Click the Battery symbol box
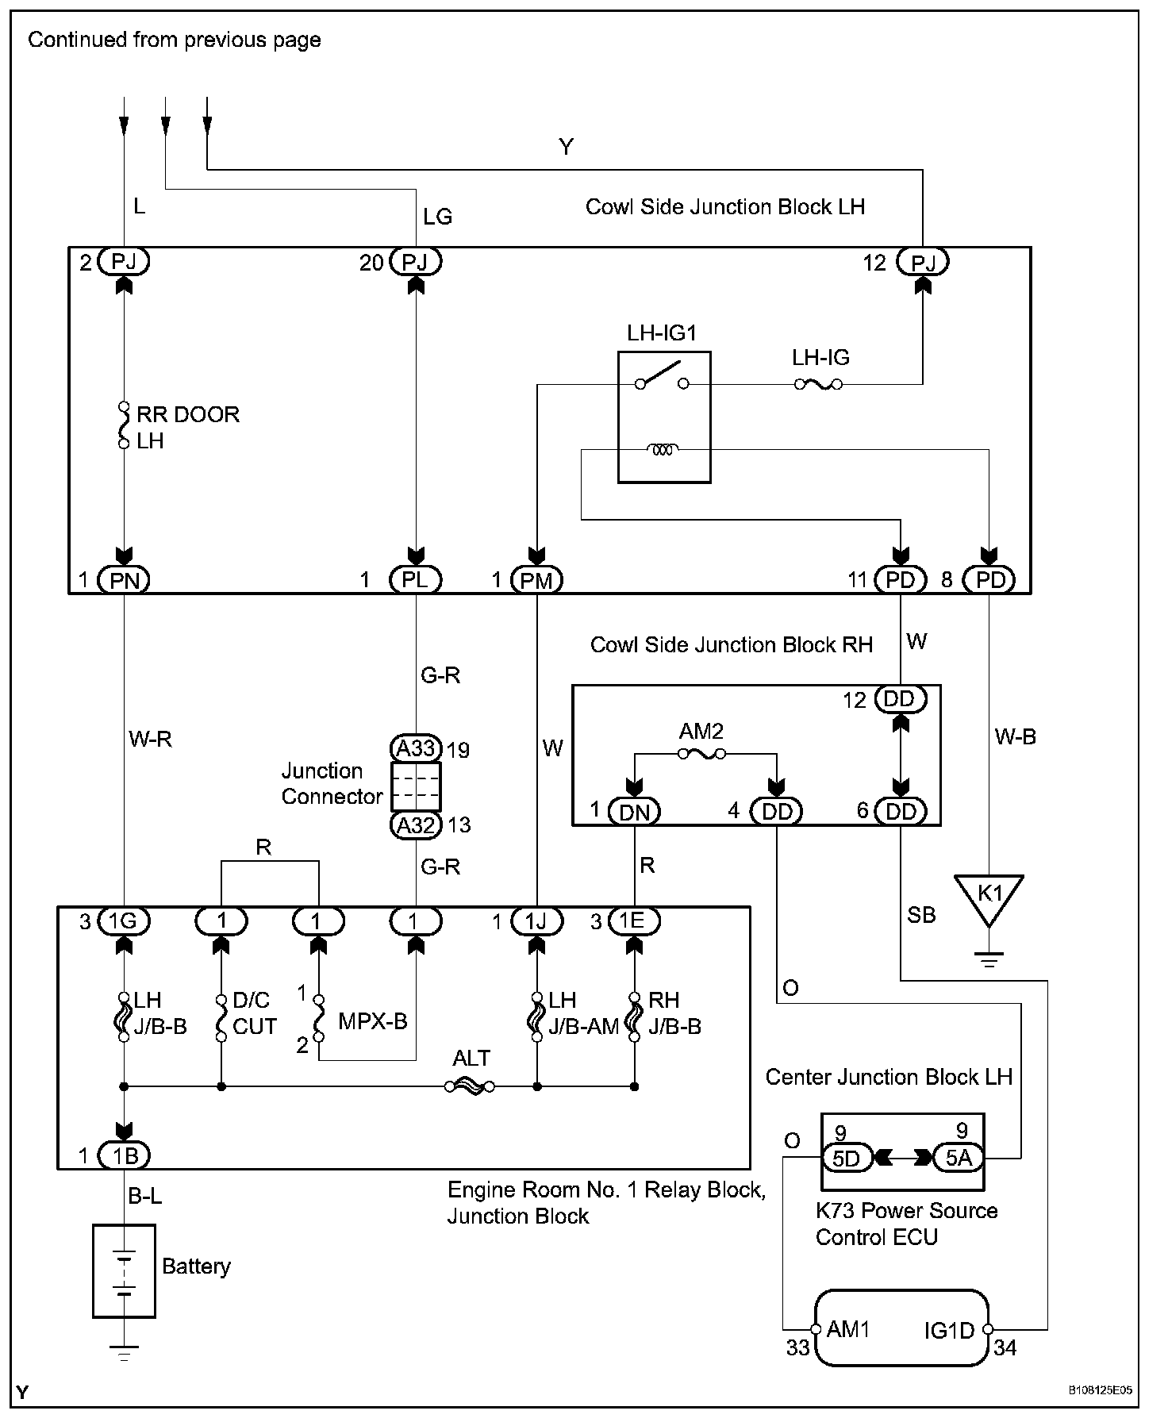124,1270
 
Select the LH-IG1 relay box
664,417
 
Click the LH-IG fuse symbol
818,385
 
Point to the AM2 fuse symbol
701,754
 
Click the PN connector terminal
124,580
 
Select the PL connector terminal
415,580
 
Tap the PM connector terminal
536,580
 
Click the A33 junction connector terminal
416,748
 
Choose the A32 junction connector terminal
416,825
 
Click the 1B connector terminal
124,1156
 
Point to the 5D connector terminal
847,1159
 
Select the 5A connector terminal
958,1159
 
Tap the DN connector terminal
634,811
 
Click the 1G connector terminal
124,921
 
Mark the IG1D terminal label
949,1331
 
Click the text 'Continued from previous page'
175,40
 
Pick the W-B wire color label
1016,737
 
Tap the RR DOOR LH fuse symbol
124,426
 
